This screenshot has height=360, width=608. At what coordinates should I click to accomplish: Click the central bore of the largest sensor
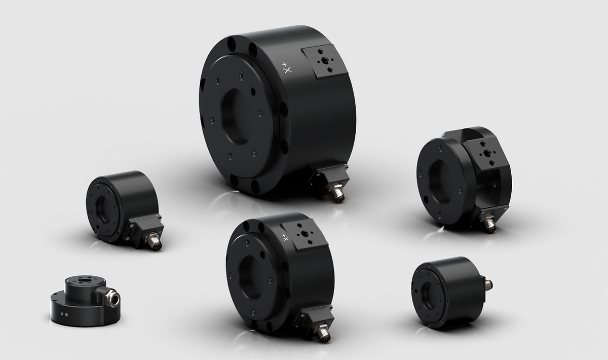(x=236, y=117)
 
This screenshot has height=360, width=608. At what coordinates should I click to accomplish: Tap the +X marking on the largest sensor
(x=287, y=68)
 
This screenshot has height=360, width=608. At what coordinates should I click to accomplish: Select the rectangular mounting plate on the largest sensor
(x=324, y=62)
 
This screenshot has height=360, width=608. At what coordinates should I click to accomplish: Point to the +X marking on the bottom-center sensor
(x=285, y=238)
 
